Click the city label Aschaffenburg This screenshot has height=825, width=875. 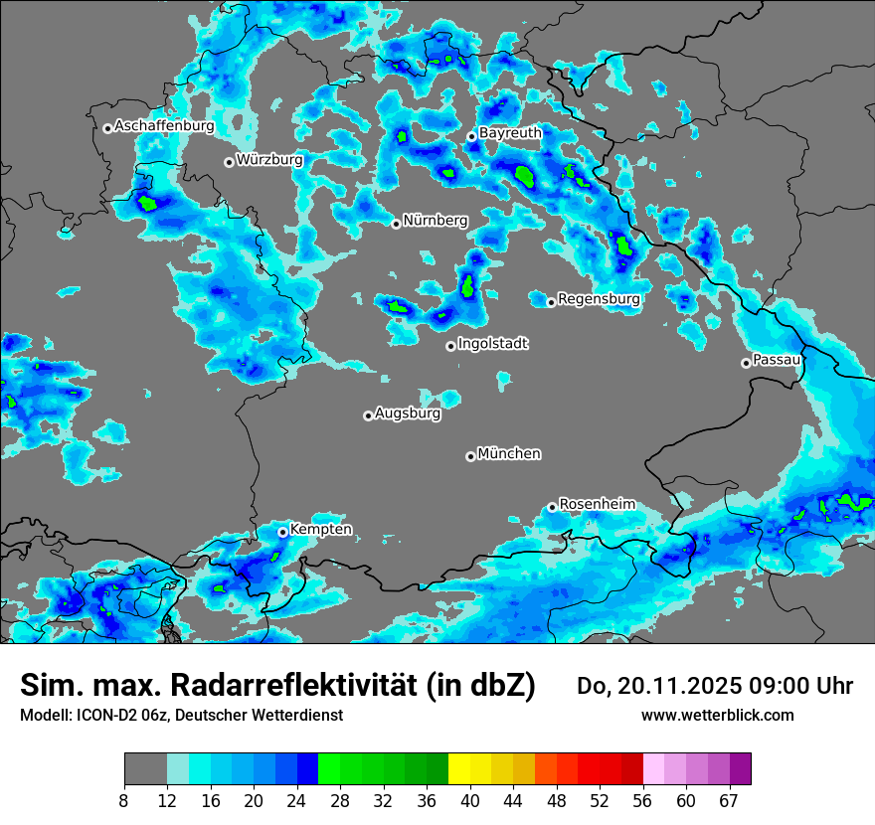pyautogui.click(x=164, y=126)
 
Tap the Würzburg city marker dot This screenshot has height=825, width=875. pyautogui.click(x=229, y=162)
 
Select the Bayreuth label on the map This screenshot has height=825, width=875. pyautogui.click(x=510, y=132)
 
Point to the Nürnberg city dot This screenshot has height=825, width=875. pyautogui.click(x=396, y=224)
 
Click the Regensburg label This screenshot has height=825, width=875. pyautogui.click(x=599, y=298)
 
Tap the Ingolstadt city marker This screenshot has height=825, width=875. pyautogui.click(x=450, y=346)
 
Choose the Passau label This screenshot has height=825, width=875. pyautogui.click(x=777, y=359)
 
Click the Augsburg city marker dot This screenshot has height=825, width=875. pyautogui.click(x=368, y=415)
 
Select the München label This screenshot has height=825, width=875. pyautogui.click(x=509, y=453)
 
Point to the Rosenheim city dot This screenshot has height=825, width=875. pyautogui.click(x=552, y=507)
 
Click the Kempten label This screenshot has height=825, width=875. pyautogui.click(x=320, y=530)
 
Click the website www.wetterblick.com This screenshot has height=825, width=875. pyautogui.click(x=718, y=716)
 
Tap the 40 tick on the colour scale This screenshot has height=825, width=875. pyautogui.click(x=469, y=801)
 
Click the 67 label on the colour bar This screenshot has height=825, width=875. pyautogui.click(x=729, y=801)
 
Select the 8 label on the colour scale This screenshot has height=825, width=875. pyautogui.click(x=124, y=801)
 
